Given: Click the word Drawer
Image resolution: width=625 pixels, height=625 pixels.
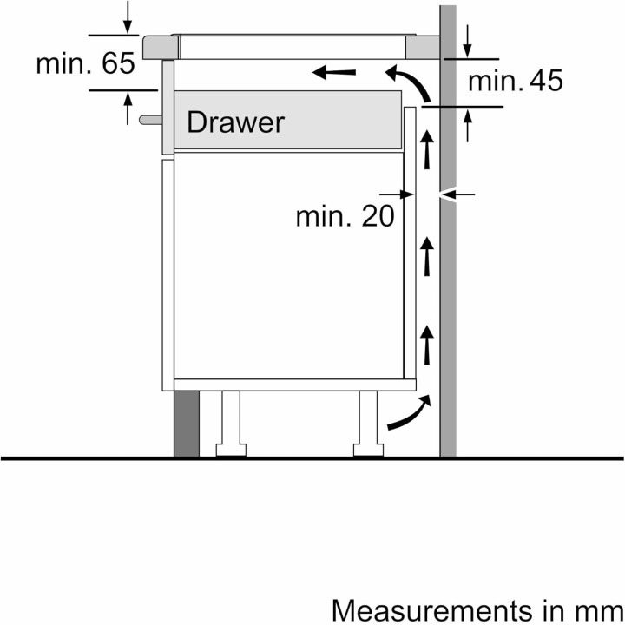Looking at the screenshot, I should pos(234,122).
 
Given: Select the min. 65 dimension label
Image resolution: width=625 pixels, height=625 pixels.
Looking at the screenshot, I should pos(85,64).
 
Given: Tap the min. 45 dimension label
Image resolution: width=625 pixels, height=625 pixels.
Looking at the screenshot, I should pos(516,81).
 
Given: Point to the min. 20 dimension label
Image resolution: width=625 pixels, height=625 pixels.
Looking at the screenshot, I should pos(344,215).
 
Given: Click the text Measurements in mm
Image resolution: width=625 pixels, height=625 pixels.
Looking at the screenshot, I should pos(477,609).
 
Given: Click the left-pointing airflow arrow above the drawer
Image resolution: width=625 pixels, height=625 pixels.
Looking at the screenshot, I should pos(333,72).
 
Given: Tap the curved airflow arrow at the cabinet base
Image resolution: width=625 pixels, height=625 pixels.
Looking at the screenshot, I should pos(408,414).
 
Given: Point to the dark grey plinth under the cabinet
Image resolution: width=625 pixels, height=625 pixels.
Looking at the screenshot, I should pos(186,423).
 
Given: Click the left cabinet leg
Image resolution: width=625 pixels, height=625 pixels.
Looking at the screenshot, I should pos(231,422).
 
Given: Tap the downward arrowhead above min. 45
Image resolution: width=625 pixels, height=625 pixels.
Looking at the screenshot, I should pos(468,43).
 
